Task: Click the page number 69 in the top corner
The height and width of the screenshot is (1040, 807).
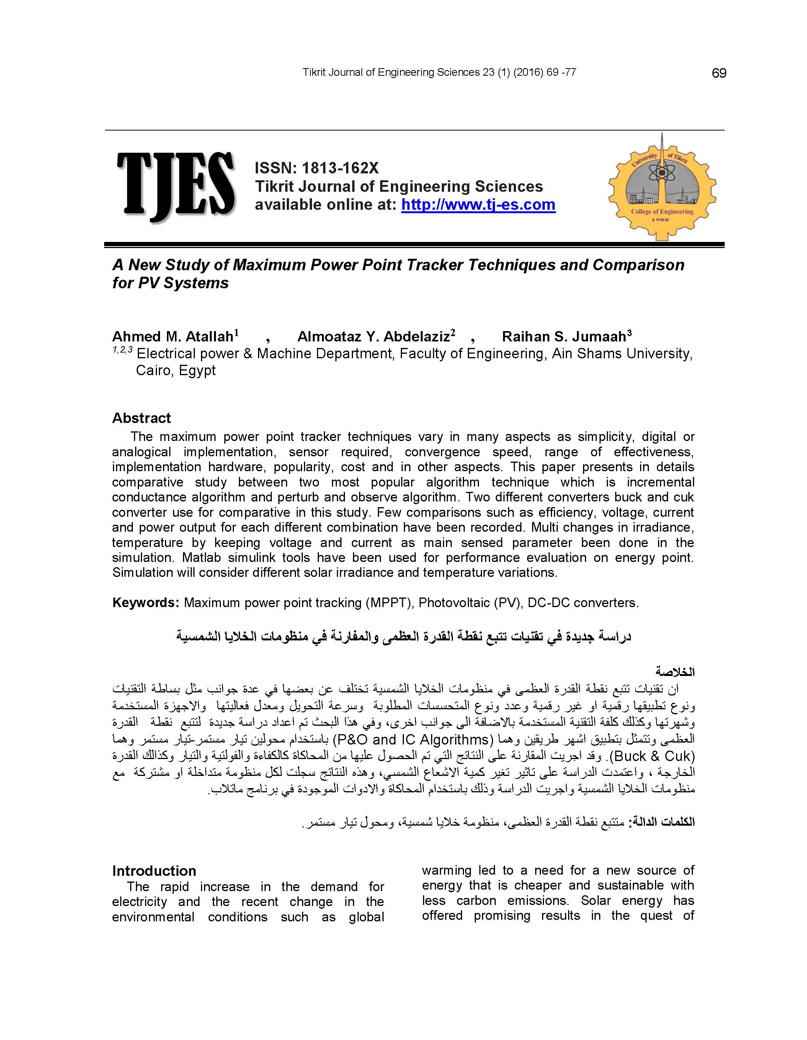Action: click(719, 73)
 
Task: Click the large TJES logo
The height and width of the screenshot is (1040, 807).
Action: click(176, 186)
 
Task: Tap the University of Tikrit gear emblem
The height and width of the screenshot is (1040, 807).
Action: click(662, 187)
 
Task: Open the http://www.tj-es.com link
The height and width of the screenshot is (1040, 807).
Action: click(478, 205)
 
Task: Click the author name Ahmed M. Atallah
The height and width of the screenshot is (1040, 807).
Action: click(172, 337)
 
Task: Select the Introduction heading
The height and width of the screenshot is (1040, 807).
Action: click(154, 871)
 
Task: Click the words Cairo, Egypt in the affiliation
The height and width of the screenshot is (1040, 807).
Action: click(176, 371)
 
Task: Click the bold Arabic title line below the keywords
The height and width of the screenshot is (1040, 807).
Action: click(403, 637)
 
